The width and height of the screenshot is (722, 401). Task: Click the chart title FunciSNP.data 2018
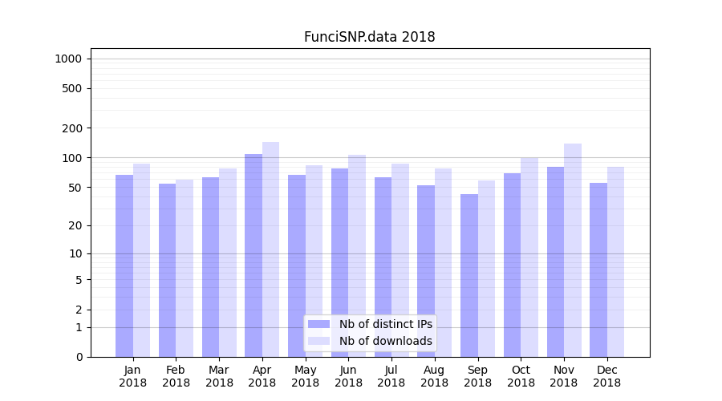coord(369,37)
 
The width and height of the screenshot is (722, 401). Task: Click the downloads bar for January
coord(142,260)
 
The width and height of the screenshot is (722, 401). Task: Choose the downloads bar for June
coord(357,256)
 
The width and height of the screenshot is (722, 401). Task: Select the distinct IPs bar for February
coord(167,270)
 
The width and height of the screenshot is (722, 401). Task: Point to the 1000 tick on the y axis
coord(68,59)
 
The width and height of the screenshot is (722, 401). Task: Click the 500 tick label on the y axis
coord(72,88)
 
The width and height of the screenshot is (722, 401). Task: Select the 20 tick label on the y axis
coord(75,225)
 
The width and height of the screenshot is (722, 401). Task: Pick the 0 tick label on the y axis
coord(79,357)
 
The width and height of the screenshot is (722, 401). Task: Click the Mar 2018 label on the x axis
coord(219,376)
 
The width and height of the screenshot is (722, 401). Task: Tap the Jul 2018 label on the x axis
coord(391,376)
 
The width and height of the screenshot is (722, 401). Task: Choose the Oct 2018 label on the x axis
coord(521,376)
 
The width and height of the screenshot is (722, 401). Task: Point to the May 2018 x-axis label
coord(306,376)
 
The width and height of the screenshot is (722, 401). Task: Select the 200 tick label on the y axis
coord(72,128)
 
